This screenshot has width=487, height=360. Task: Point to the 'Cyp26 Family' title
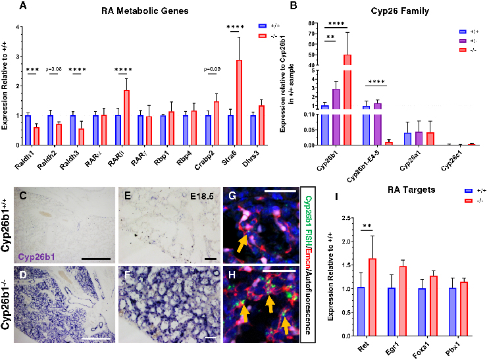385,11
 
